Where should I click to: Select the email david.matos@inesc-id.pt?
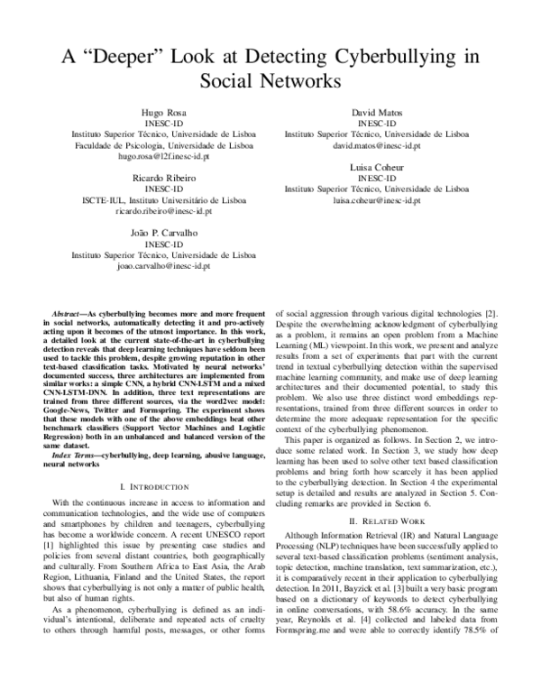point(376,144)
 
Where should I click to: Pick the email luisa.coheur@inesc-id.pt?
point(376,200)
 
